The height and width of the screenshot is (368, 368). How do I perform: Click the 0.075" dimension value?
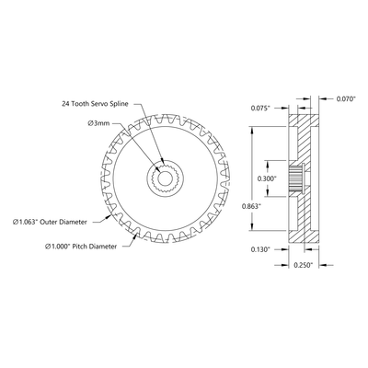261,108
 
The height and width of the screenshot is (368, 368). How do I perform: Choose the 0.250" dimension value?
303,265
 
